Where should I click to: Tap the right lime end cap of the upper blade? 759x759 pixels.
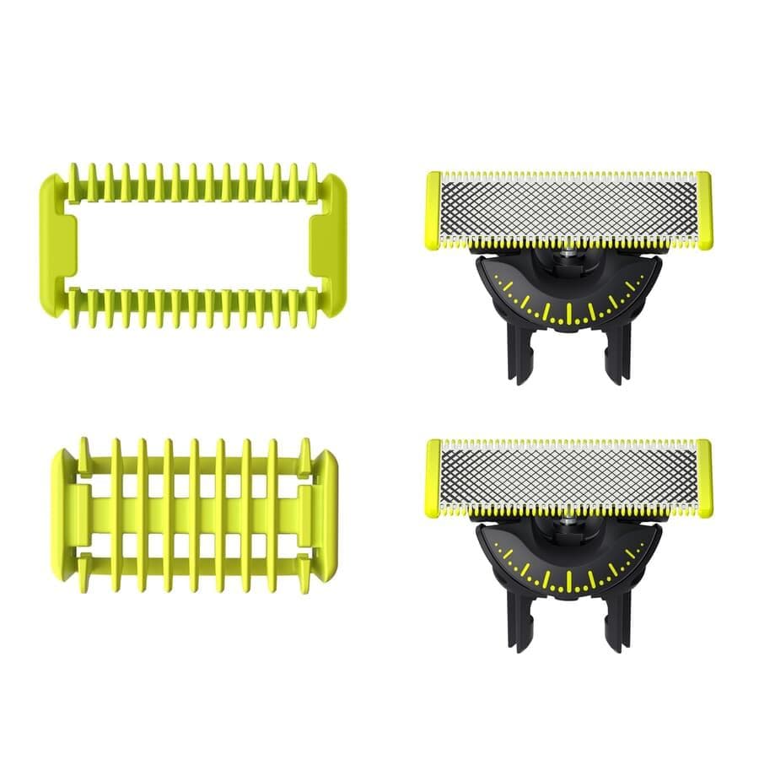click(704, 210)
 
